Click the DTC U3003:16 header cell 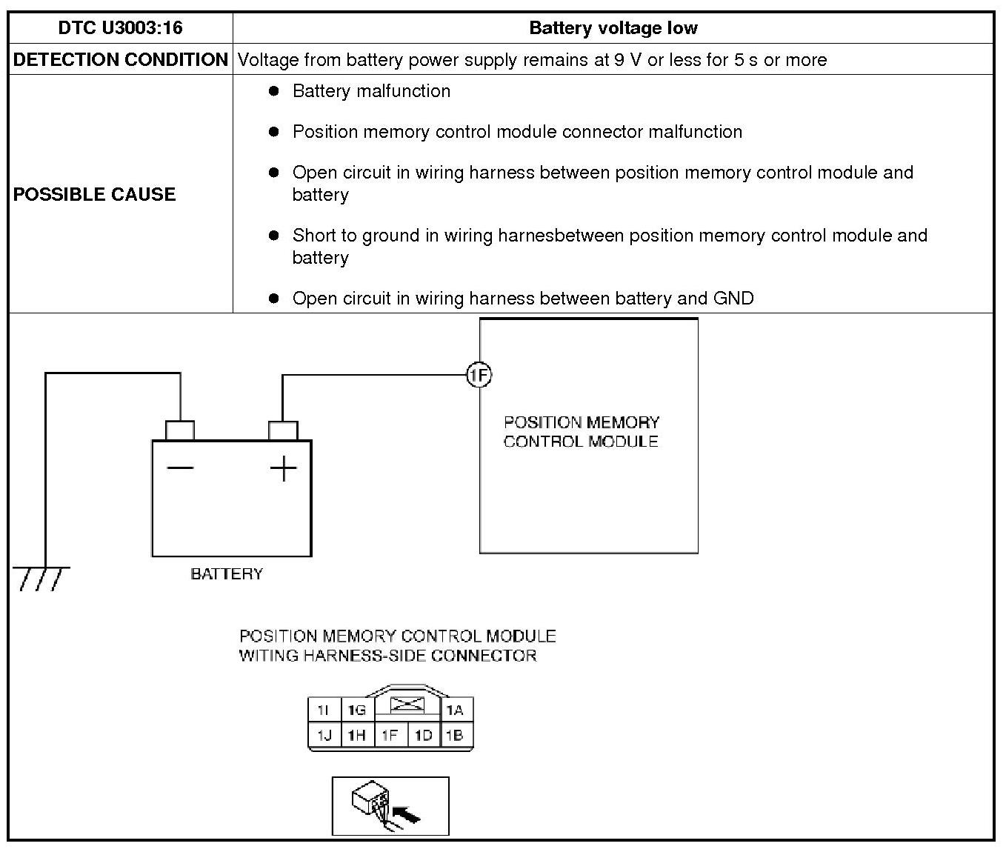point(120,28)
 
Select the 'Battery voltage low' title point(613,28)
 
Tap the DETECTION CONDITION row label point(120,60)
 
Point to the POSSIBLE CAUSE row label point(95,194)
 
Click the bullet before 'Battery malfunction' point(274,91)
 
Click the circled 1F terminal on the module point(479,376)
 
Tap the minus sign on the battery point(180,467)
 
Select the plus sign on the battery point(283,468)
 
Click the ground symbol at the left point(42,578)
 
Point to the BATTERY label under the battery point(227,574)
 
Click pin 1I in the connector point(323,710)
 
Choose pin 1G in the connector point(357,710)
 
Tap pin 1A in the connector point(455,710)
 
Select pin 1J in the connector point(324,736)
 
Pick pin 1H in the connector point(357,736)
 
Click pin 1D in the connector point(423,736)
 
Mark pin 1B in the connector point(455,736)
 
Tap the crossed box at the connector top point(407,704)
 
